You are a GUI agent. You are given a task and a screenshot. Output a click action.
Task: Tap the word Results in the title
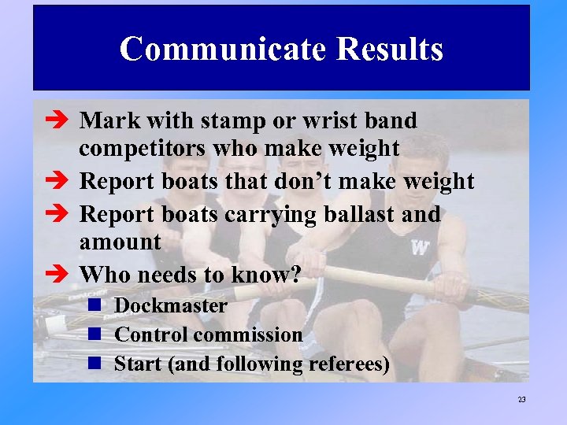coord(389,50)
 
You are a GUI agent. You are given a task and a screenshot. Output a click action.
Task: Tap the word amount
coord(120,242)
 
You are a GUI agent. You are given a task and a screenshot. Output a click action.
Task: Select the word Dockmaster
coord(170,305)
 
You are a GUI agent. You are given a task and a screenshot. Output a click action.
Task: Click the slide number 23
coord(521,400)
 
